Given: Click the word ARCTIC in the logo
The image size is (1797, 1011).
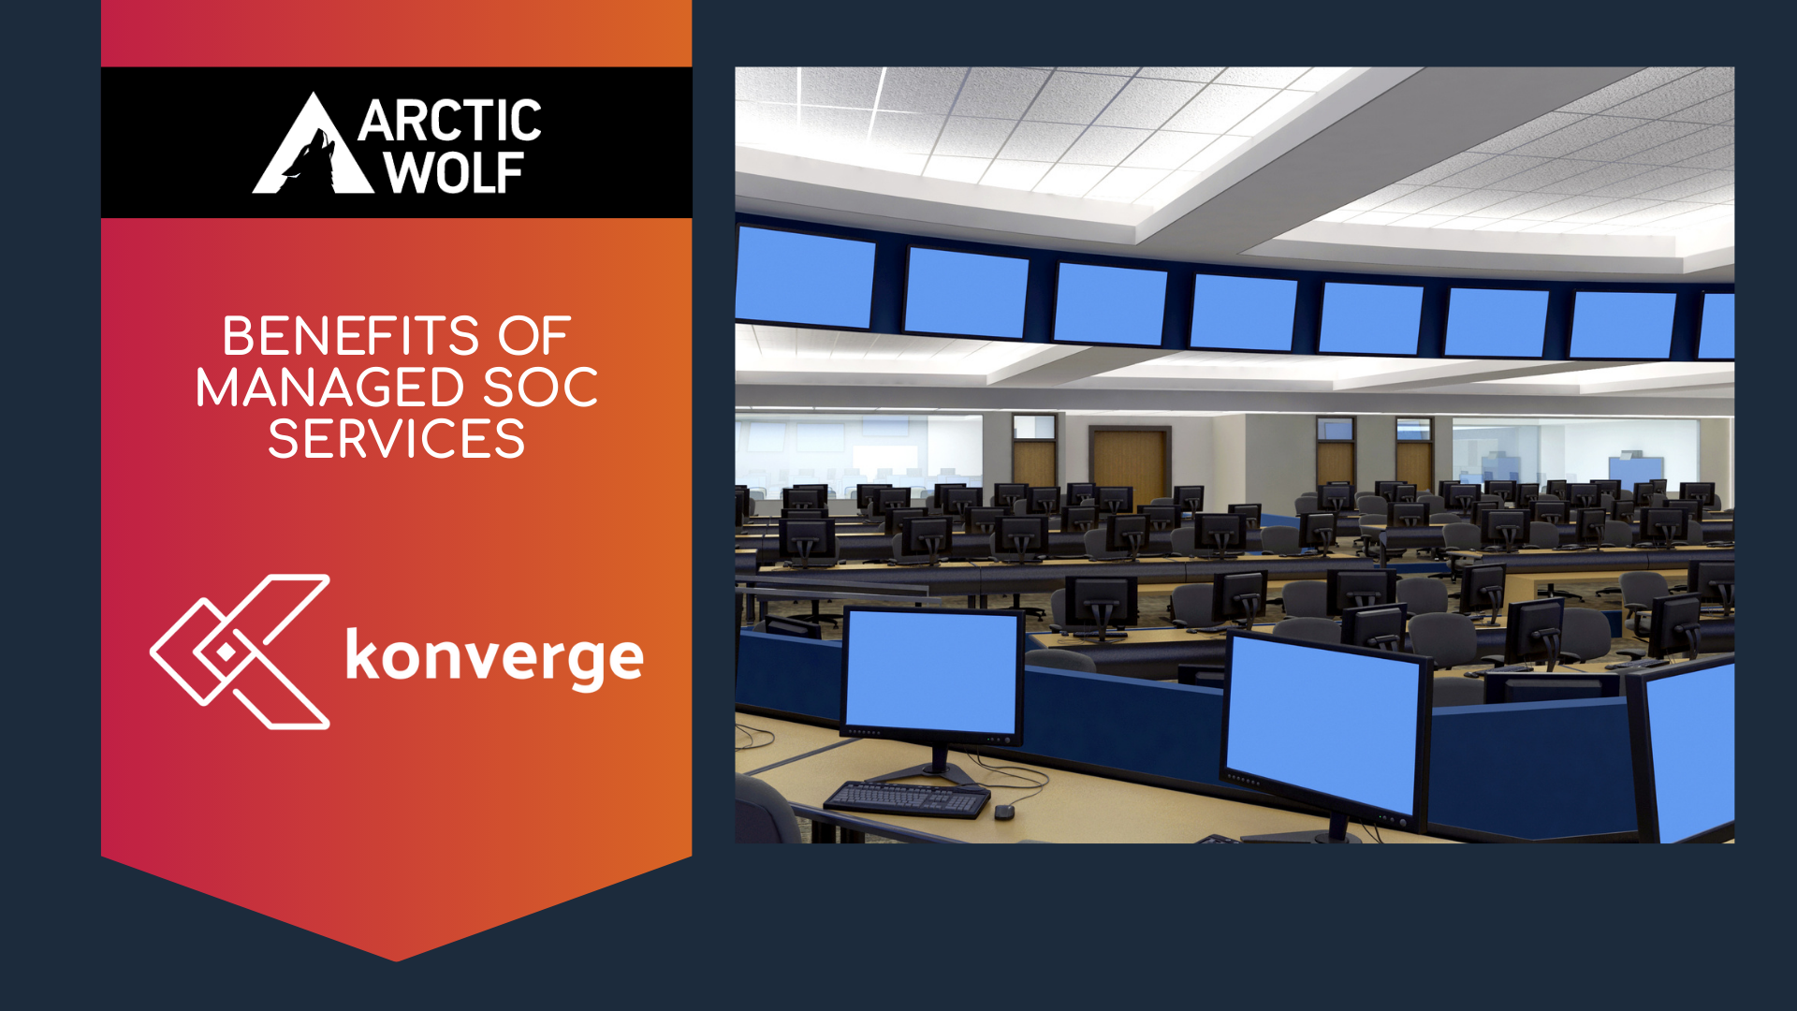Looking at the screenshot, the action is (449, 121).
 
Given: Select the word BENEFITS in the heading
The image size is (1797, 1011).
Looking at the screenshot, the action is (351, 336).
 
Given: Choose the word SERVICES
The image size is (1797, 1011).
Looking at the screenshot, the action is (397, 439).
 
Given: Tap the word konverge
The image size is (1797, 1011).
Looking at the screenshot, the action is (494, 658).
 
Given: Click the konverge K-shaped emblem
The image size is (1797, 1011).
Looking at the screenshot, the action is (241, 652).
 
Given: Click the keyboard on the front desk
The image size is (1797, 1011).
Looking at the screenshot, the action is (906, 799).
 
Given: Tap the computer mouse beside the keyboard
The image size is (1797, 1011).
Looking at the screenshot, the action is (1004, 811).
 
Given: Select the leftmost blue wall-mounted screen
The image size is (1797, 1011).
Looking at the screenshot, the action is (805, 276).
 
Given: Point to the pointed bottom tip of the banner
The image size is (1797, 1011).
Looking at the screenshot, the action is (396, 960).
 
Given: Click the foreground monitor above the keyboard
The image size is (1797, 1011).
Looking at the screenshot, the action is (932, 674).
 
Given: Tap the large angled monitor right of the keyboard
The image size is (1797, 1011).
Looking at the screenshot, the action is (1325, 731).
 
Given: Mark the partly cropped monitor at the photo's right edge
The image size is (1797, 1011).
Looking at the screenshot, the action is (1682, 749).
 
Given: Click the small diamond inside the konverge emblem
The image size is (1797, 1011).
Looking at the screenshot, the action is (226, 652).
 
